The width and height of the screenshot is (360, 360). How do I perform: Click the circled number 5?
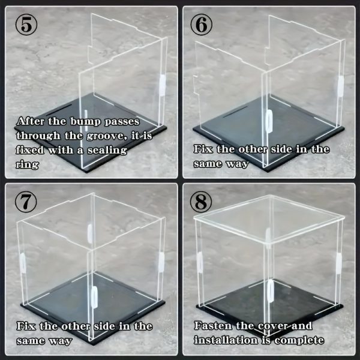pos(28,26)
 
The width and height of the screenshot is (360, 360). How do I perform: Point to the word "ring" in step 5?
pos(28,164)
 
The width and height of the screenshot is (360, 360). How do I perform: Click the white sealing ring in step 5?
pos(162,84)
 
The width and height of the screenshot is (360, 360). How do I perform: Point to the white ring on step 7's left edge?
pos(23,262)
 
